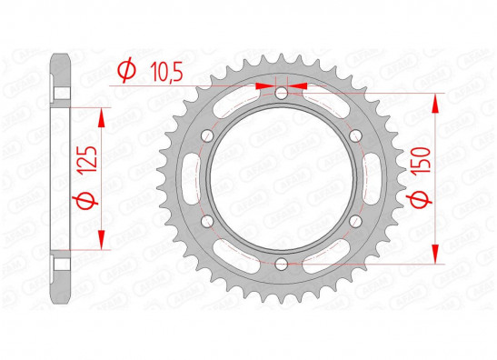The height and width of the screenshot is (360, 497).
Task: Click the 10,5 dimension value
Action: pyautogui.click(x=166, y=71)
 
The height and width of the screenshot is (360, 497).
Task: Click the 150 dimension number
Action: pyautogui.click(x=421, y=160)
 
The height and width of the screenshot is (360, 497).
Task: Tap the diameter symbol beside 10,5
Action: pyautogui.click(x=127, y=70)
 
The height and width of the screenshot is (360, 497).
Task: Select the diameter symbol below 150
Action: pyautogui.click(x=419, y=198)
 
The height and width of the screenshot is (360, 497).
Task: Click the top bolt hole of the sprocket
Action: pyautogui.click(x=281, y=94)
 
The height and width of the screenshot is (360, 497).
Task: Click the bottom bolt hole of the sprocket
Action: pyautogui.click(x=281, y=264)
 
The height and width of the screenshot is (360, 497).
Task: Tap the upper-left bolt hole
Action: pyautogui.click(x=207, y=135)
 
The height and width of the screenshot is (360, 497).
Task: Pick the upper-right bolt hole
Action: pyautogui.click(x=355, y=136)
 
